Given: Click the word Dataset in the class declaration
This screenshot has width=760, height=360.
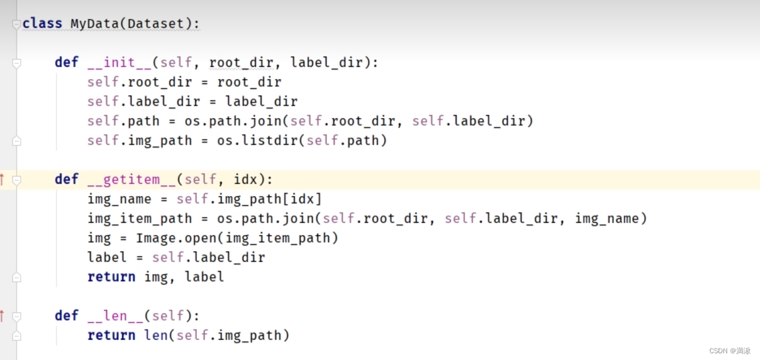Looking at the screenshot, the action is pos(152,24).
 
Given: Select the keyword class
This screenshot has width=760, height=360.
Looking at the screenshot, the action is pos(42,24).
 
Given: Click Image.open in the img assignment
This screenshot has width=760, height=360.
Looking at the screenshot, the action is pos(176,238).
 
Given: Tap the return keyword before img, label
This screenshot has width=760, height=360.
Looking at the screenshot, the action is pos(111,277).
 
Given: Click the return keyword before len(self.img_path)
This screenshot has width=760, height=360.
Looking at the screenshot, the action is pos(111,336).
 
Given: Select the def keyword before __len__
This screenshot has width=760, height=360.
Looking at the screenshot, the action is pos(66,316).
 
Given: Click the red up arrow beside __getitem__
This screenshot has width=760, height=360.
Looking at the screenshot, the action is pos(2,180).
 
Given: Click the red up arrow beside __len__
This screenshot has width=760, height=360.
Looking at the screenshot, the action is pos(2,316).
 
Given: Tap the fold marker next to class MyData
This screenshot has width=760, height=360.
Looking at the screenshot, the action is pos(16,24).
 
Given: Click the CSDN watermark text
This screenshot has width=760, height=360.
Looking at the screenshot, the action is pos(730,351).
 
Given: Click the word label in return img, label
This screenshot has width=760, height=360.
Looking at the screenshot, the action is pos(204,277).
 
